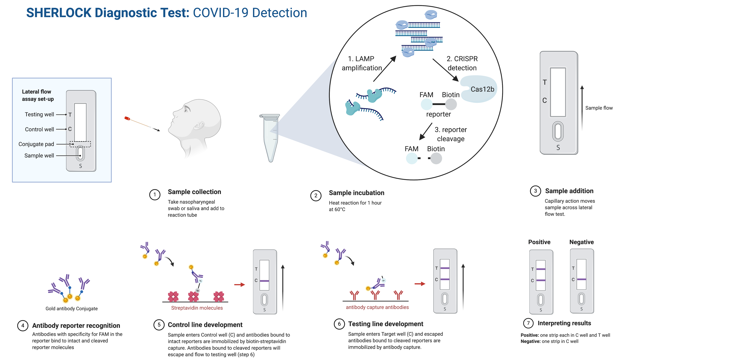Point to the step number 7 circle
point(528,323)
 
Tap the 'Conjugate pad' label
point(36,144)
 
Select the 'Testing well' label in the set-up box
point(39,114)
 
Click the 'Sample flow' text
point(599,108)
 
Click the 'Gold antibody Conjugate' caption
point(72,309)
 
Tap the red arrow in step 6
point(420,284)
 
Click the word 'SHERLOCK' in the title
point(59,13)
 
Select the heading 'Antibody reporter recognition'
point(76,326)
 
